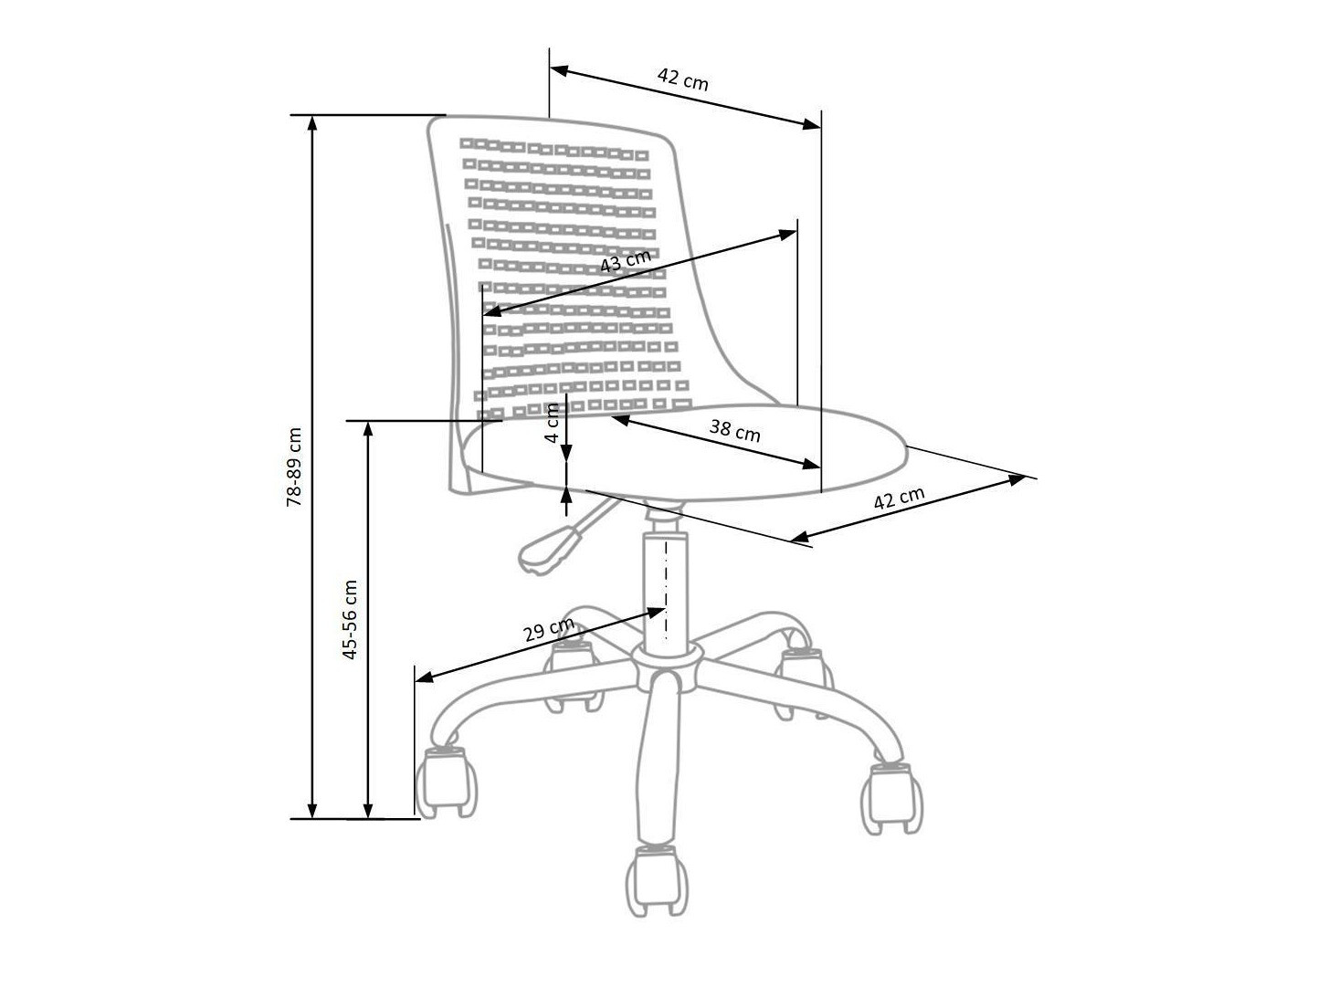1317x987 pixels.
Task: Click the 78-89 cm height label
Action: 294,466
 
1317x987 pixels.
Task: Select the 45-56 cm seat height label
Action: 349,619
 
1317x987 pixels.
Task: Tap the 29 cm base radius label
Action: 548,629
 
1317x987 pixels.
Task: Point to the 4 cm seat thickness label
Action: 552,423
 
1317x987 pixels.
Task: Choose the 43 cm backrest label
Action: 626,261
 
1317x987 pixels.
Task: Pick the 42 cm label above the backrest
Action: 683,79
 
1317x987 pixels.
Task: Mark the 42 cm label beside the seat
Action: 900,499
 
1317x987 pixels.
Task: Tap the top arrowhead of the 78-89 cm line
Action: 313,124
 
